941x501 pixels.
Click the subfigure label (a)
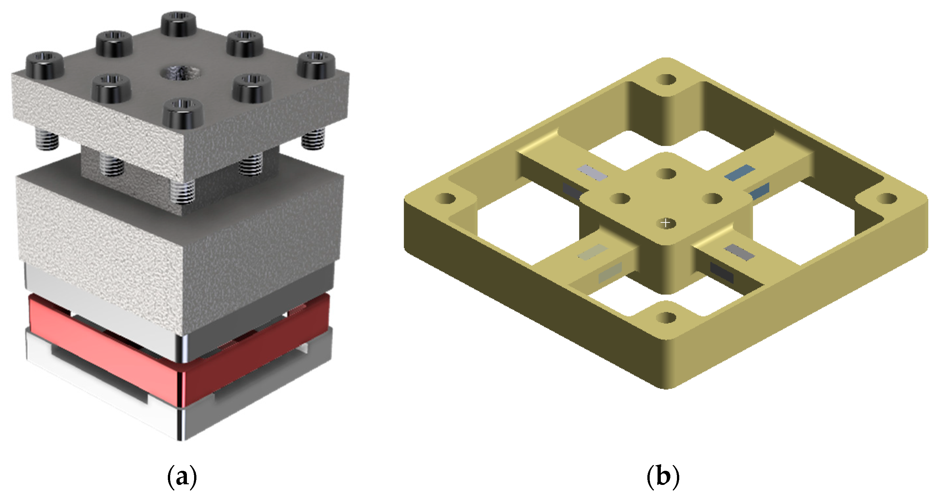[182, 476]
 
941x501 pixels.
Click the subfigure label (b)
[663, 476]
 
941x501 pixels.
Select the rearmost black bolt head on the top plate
[178, 23]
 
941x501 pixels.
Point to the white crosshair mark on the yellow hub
[666, 222]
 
